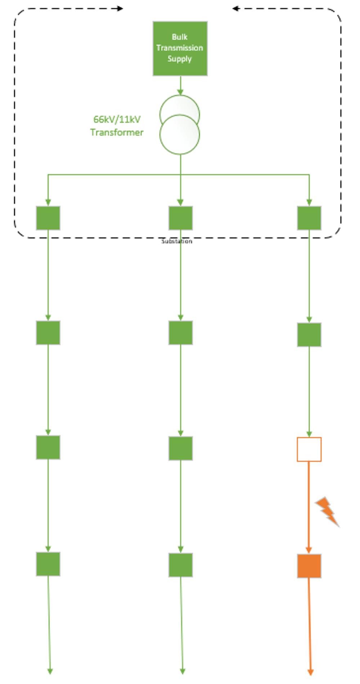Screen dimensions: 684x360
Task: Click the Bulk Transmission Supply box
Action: tap(180, 48)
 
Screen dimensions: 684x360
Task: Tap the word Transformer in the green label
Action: tap(117, 132)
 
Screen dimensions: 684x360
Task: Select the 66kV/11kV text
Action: tap(117, 119)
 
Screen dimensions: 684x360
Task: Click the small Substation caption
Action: tap(177, 241)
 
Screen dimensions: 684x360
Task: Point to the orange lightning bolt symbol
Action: tap(327, 511)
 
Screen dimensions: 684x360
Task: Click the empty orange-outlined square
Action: tap(309, 449)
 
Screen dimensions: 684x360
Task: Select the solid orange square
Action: tap(309, 566)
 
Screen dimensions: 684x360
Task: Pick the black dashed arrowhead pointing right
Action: tap(120, 8)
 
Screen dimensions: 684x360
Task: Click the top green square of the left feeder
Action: tap(48, 218)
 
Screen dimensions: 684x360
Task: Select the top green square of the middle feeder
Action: tap(180, 218)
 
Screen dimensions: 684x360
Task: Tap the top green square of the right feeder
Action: tap(309, 218)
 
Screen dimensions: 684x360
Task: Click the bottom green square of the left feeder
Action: tap(48, 564)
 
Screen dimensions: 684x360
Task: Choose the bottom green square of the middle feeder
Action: tap(180, 565)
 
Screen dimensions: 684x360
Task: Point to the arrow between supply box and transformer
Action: tap(180, 86)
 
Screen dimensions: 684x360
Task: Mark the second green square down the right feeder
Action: tap(309, 335)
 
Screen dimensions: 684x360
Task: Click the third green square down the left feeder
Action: tap(48, 447)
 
